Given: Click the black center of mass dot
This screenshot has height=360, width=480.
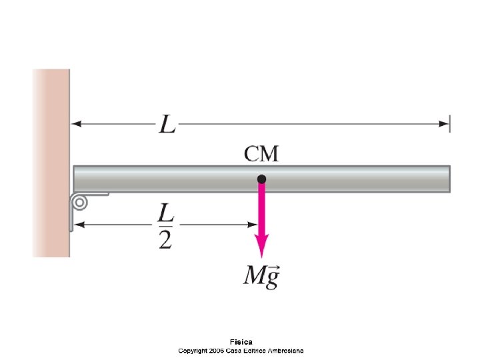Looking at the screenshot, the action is pyautogui.click(x=261, y=179).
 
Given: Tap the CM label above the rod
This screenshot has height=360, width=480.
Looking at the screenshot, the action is pyautogui.click(x=261, y=155).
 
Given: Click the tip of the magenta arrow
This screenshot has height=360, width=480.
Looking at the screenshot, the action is pyautogui.click(x=262, y=257).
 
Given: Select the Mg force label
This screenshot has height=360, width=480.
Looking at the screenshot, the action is pyautogui.click(x=261, y=276).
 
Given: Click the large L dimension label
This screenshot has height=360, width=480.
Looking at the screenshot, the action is pyautogui.click(x=167, y=124).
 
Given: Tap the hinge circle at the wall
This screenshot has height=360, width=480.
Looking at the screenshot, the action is pyautogui.click(x=79, y=202).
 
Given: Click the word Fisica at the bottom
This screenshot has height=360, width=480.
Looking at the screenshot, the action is pyautogui.click(x=241, y=342).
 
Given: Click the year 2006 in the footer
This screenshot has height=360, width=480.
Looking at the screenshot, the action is pyautogui.click(x=217, y=350).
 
